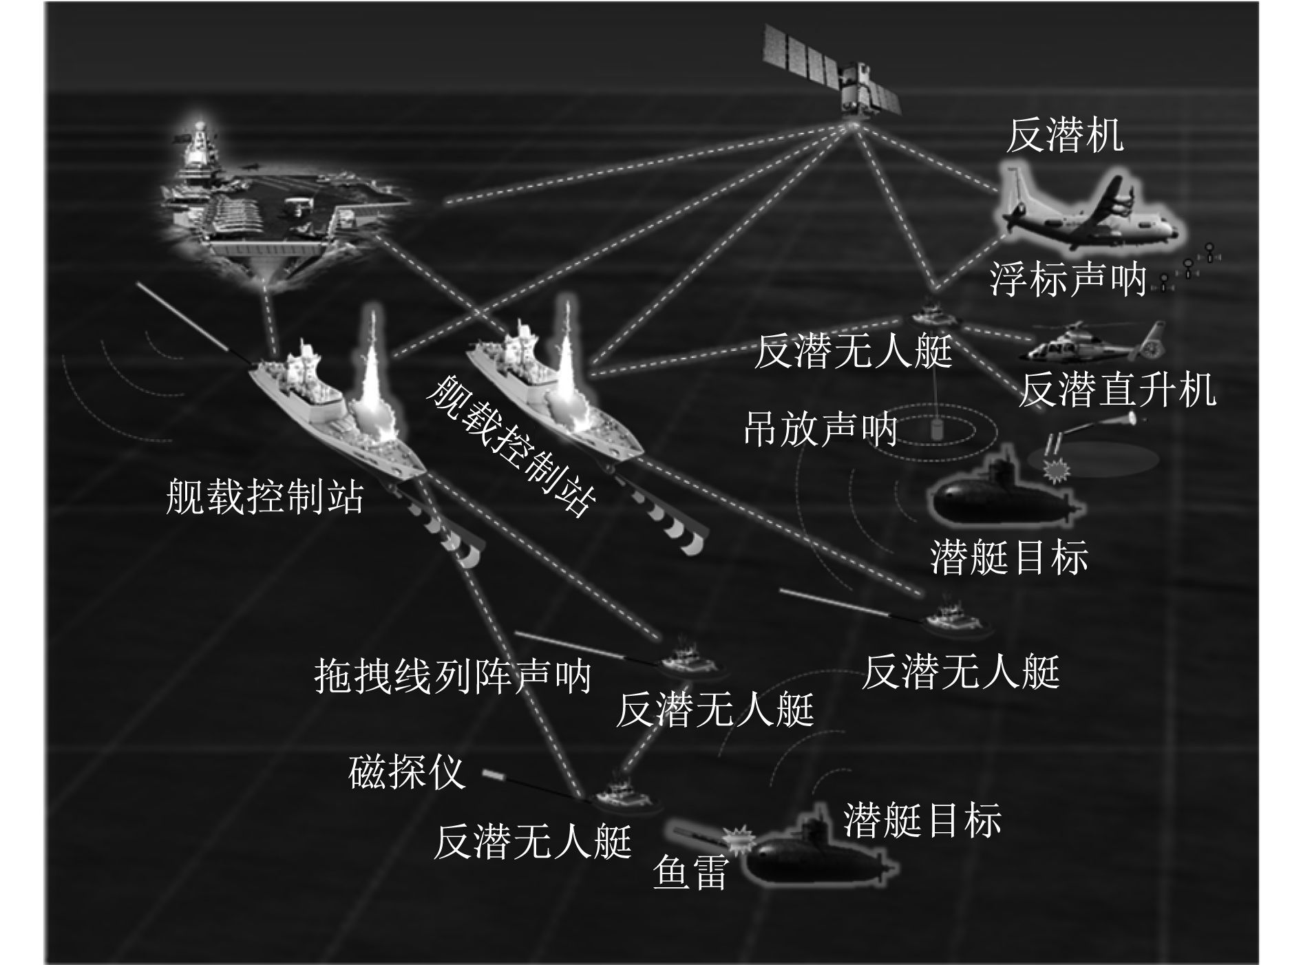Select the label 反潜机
point(1064,136)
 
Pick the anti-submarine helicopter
point(1088,344)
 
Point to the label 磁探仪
point(407,773)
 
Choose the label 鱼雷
point(689,872)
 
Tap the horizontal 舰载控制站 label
point(264,496)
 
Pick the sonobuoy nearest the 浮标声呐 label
point(1164,282)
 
